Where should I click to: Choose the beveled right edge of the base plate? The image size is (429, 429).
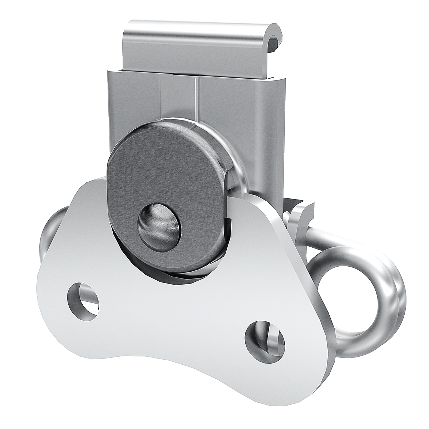[315, 304]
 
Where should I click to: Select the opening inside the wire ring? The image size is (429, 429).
[352, 297]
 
